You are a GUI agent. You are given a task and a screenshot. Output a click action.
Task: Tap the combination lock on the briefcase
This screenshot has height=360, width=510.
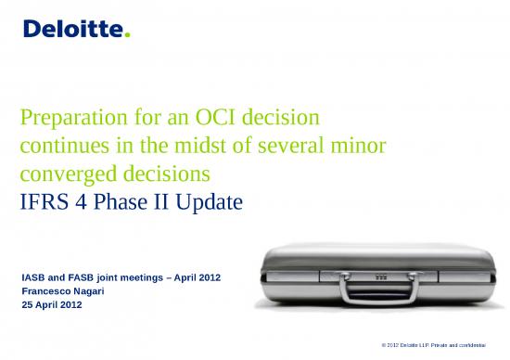pyautogui.click(x=382, y=276)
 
